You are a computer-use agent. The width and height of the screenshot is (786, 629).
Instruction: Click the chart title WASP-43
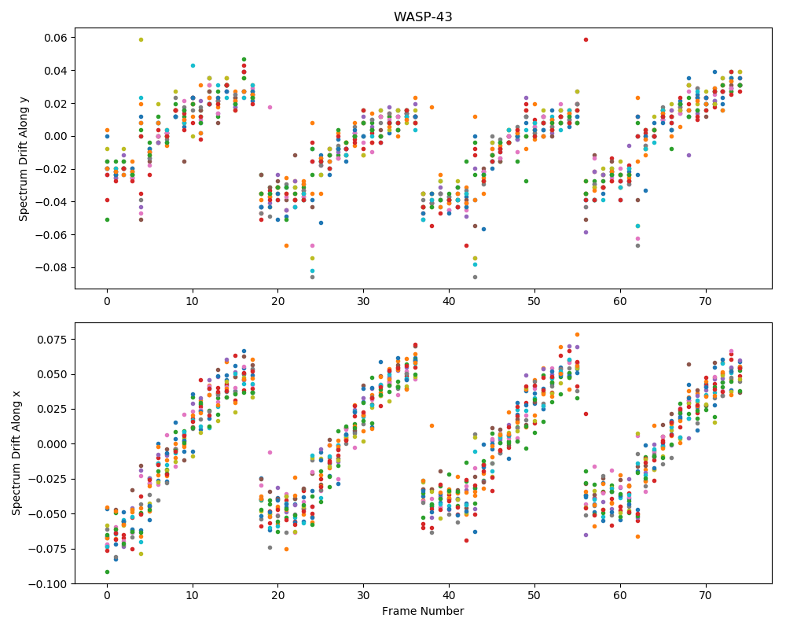click(423, 17)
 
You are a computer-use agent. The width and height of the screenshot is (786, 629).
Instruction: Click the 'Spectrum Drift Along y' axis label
click(23, 158)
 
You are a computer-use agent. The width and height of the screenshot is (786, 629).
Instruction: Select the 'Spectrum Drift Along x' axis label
click(17, 454)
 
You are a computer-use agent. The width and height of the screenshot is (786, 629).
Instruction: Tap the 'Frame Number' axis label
click(423, 611)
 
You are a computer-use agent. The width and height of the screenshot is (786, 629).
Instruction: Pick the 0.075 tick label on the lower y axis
click(53, 340)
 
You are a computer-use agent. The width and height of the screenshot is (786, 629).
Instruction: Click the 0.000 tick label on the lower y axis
click(53, 444)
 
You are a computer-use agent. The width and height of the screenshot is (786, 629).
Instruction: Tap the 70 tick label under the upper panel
click(706, 301)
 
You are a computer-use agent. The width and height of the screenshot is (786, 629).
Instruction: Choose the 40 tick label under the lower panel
click(449, 596)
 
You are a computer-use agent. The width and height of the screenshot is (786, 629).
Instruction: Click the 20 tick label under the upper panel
click(278, 301)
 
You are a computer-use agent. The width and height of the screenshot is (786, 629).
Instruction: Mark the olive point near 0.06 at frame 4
click(141, 39)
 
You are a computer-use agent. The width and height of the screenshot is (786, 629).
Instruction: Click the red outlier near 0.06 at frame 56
click(586, 39)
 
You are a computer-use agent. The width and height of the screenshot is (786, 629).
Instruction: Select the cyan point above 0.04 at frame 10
click(193, 66)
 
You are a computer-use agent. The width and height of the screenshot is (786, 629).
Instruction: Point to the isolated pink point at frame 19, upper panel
click(270, 108)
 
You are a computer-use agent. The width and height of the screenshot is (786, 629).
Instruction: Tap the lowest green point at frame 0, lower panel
click(107, 572)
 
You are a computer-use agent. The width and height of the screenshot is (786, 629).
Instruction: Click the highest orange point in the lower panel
click(577, 335)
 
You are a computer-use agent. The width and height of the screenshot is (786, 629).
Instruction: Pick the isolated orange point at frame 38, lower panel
click(432, 426)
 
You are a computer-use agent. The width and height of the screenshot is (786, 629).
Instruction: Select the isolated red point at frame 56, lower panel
click(586, 414)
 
